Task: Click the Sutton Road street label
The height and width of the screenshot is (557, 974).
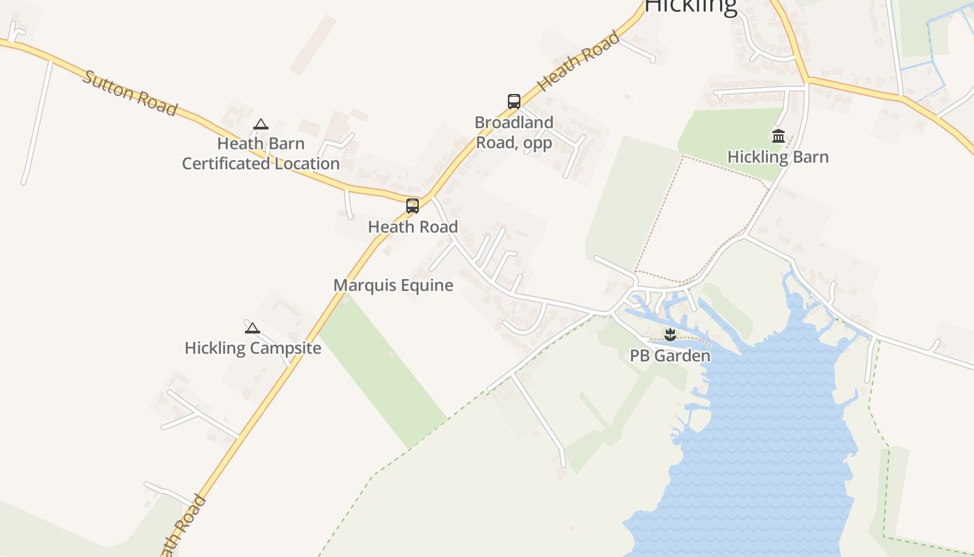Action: [129, 93]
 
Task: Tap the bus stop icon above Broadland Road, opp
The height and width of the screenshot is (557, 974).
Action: [514, 102]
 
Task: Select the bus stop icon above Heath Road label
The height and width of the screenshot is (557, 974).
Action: [413, 205]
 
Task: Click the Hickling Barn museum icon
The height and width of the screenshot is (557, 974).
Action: [779, 136]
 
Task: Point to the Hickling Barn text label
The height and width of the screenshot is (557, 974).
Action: [778, 157]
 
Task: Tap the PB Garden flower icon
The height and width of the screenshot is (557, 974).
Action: [670, 335]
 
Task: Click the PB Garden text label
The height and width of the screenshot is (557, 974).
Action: [670, 356]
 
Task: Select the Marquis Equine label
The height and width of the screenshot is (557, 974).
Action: [393, 285]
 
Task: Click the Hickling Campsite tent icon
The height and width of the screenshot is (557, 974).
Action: [253, 328]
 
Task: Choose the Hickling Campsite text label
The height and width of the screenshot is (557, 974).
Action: [253, 348]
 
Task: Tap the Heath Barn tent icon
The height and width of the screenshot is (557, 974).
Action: [261, 125]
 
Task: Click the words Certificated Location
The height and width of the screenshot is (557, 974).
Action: [261, 164]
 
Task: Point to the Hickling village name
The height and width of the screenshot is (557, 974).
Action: [690, 6]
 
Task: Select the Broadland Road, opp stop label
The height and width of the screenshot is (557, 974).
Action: [514, 132]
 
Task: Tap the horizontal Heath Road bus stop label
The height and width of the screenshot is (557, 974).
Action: [413, 227]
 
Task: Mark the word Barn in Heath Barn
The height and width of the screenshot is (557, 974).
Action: [286, 144]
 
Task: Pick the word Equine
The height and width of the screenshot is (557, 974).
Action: [425, 285]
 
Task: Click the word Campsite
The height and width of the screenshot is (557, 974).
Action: [287, 348]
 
